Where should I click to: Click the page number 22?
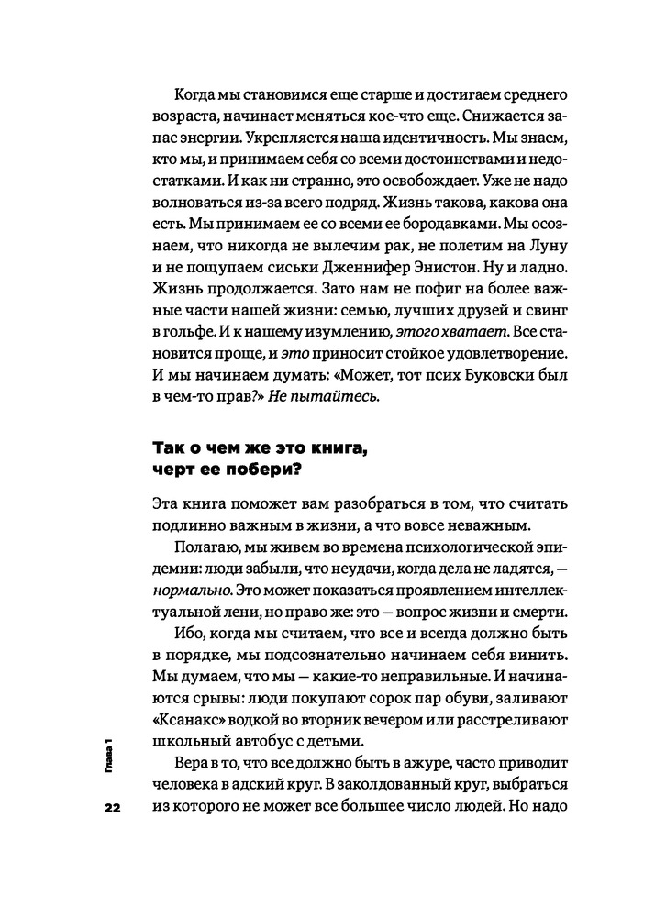click(112, 807)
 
